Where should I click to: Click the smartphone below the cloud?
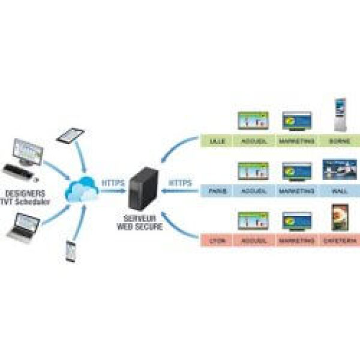point(71,251)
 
